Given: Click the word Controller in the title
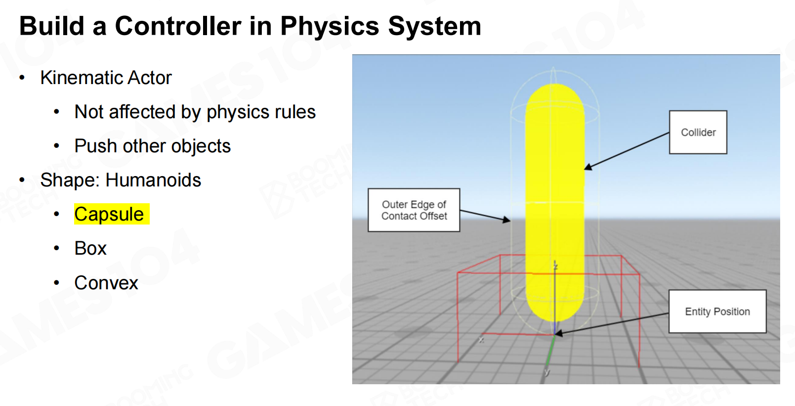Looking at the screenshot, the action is click(x=178, y=26).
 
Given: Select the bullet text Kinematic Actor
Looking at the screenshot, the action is click(x=106, y=78).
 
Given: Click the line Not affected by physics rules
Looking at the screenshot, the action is click(x=195, y=112).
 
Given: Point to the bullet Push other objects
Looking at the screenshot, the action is click(x=153, y=146).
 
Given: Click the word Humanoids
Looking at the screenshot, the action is click(x=153, y=180).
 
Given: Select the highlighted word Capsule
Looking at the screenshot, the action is click(x=109, y=214).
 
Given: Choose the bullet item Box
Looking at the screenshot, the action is click(x=90, y=248).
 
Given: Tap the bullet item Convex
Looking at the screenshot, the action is click(x=106, y=283).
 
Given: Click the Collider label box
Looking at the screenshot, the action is click(x=698, y=132).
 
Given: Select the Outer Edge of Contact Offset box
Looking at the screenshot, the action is click(x=414, y=210).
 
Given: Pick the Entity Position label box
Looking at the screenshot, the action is click(x=717, y=312).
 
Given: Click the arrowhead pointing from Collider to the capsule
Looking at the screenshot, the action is click(x=588, y=167).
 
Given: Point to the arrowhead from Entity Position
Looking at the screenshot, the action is click(x=559, y=333).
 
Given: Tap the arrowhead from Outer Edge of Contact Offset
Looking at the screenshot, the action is click(x=507, y=220).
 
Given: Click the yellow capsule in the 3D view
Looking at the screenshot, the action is click(x=555, y=202).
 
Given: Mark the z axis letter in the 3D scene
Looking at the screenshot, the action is click(x=556, y=267).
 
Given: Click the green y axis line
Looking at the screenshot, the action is click(x=550, y=352).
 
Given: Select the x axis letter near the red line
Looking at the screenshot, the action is click(x=481, y=340).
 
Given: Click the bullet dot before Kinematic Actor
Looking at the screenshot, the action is click(x=22, y=78).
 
